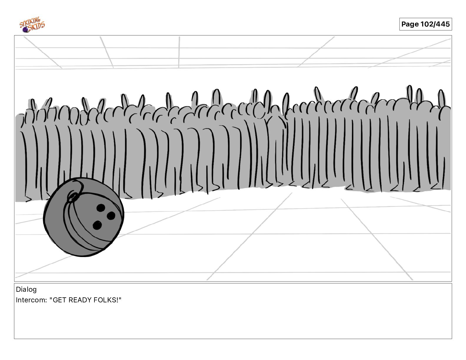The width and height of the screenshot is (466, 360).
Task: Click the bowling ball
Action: [x=84, y=217]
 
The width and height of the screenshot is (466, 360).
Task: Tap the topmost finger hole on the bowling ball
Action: [x=101, y=208]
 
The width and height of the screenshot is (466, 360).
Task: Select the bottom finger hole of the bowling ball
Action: [x=97, y=225]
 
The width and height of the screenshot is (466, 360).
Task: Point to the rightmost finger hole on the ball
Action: [x=111, y=216]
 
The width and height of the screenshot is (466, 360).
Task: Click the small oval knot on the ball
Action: [x=73, y=196]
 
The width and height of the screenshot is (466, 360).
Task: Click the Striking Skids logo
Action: [x=32, y=25]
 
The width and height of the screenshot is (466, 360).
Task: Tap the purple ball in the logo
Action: [x=26, y=30]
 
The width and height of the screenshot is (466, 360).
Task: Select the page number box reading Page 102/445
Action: [x=425, y=24]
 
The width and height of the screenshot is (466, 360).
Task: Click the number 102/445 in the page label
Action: [x=435, y=24]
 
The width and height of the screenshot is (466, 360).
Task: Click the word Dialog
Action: [x=26, y=289]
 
